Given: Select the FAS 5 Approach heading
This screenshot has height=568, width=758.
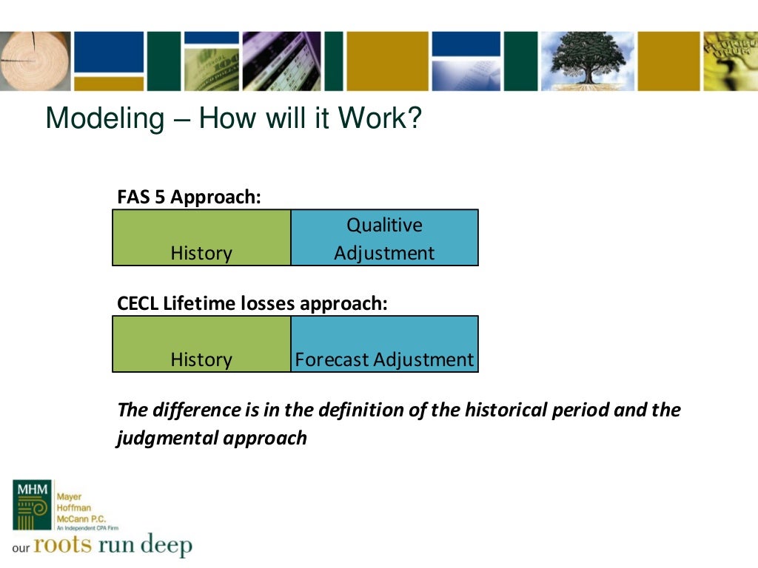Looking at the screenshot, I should pyautogui.click(x=189, y=197).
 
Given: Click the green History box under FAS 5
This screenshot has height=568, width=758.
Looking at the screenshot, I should pyautogui.click(x=201, y=237).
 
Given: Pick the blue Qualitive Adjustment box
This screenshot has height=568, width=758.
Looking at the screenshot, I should pyautogui.click(x=384, y=237).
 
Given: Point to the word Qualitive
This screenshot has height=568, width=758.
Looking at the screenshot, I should pyautogui.click(x=384, y=225).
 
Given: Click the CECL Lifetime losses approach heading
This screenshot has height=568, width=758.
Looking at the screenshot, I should pyautogui.click(x=252, y=304).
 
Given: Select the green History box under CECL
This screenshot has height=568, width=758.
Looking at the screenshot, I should pyautogui.click(x=201, y=344).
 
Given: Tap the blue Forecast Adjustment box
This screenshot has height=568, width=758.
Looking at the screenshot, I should pyautogui.click(x=384, y=344).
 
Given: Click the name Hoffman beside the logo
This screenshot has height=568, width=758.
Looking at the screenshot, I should pyautogui.click(x=72, y=507).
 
